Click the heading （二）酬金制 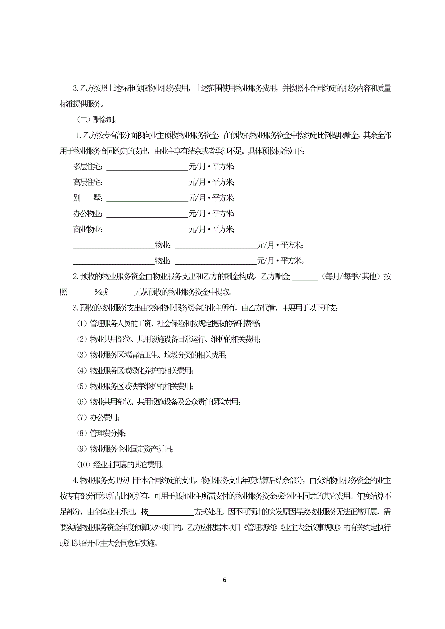click(x=97, y=119)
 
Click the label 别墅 click(x=88, y=198)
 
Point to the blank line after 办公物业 click(x=147, y=214)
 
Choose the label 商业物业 click(x=88, y=229)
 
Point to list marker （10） click(x=84, y=464)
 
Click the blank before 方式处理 click(x=171, y=512)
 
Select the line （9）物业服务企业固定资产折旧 click(x=125, y=449)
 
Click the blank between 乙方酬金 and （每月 click(x=305, y=277)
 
